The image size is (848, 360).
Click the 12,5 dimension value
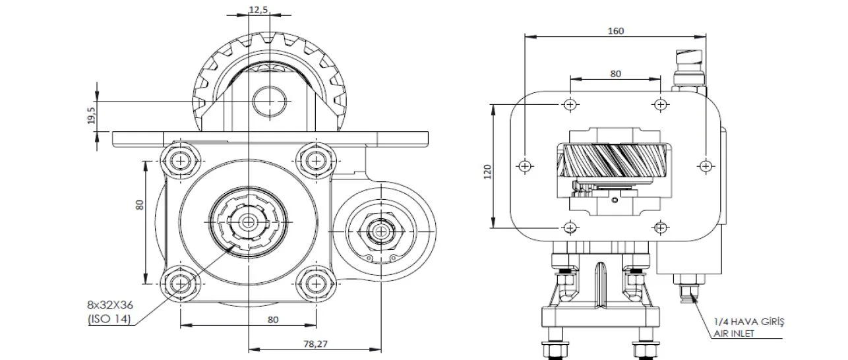coord(258,9)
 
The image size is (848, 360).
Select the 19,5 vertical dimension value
coord(92,115)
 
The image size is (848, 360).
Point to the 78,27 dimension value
coord(315,344)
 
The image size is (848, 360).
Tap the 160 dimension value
coord(615,31)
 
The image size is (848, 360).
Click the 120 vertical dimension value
coord(487,172)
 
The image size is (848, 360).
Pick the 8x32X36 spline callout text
coord(110,305)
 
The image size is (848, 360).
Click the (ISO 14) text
coord(109,319)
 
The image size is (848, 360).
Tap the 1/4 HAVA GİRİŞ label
coord(749,322)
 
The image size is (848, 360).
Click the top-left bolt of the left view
coord(180,162)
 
